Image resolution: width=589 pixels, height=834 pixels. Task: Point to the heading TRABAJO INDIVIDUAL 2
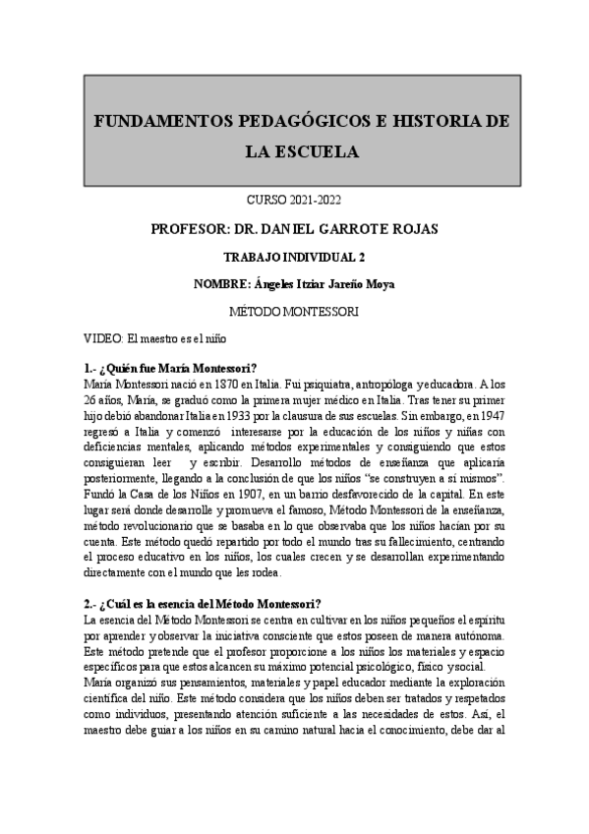295,258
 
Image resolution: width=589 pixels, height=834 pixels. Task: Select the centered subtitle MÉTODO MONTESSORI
294,312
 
